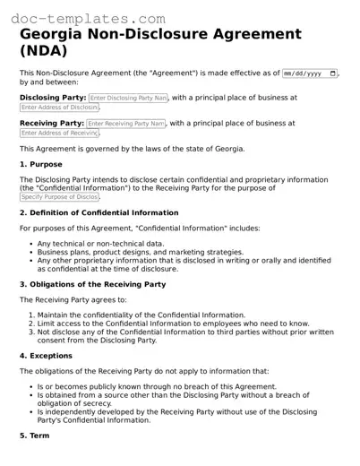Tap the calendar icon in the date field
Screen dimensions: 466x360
pyautogui.click(x=333, y=73)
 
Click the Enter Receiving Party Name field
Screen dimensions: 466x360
pyautogui.click(x=126, y=123)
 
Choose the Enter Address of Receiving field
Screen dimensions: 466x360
pyautogui.click(x=60, y=134)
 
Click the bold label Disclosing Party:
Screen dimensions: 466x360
pyautogui.click(x=53, y=97)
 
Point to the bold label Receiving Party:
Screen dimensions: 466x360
pyautogui.click(x=52, y=123)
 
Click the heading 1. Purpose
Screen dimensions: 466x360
pyautogui.click(x=41, y=165)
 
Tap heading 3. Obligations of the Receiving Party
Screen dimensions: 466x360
pyautogui.click(x=92, y=284)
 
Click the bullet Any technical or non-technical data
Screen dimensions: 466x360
pyautogui.click(x=100, y=244)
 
